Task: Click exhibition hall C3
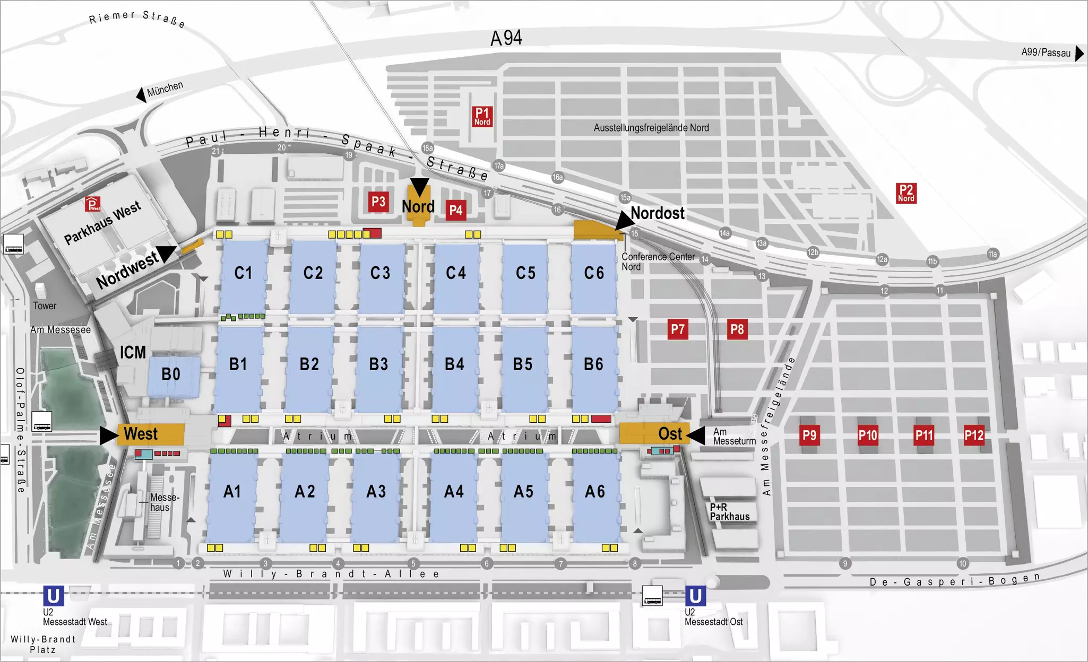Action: point(380,273)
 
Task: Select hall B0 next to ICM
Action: point(171,374)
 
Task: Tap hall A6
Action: point(595,492)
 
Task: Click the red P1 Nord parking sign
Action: point(482,116)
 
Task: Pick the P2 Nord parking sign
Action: point(906,193)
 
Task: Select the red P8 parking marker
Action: point(737,329)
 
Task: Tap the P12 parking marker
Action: point(974,435)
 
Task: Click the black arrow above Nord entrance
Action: point(419,186)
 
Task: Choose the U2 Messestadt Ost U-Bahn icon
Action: point(695,596)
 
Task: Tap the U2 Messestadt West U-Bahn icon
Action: point(53,596)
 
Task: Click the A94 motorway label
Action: point(506,38)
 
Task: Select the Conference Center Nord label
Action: point(658,262)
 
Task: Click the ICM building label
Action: point(133,353)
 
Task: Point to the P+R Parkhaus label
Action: point(730,512)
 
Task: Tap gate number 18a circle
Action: point(428,148)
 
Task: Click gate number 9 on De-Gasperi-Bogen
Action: point(845,563)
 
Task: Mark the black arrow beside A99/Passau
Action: point(1079,53)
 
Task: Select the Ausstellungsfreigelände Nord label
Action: point(651,128)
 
